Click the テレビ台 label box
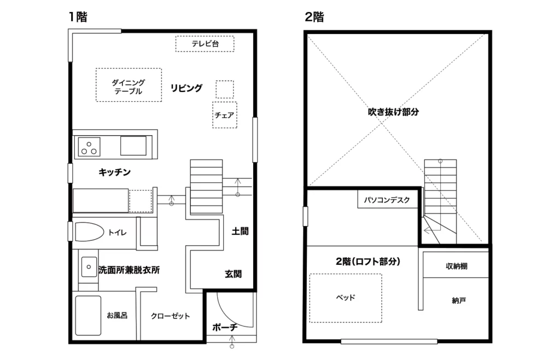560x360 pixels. click(205, 44)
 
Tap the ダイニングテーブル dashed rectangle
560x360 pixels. click(129, 85)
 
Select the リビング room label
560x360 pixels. click(186, 88)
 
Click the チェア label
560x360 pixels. click(225, 115)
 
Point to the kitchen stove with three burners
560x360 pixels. click(90, 146)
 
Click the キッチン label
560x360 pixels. click(115, 172)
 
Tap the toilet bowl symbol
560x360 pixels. click(89, 232)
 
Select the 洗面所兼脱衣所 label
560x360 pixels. click(129, 270)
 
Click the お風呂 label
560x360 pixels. click(117, 315)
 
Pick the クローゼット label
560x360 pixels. click(170, 316)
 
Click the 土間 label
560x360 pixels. click(240, 231)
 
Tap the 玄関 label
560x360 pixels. click(234, 274)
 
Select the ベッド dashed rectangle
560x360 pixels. click(346, 298)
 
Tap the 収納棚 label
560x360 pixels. click(456, 266)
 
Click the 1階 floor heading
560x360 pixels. click(78, 17)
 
